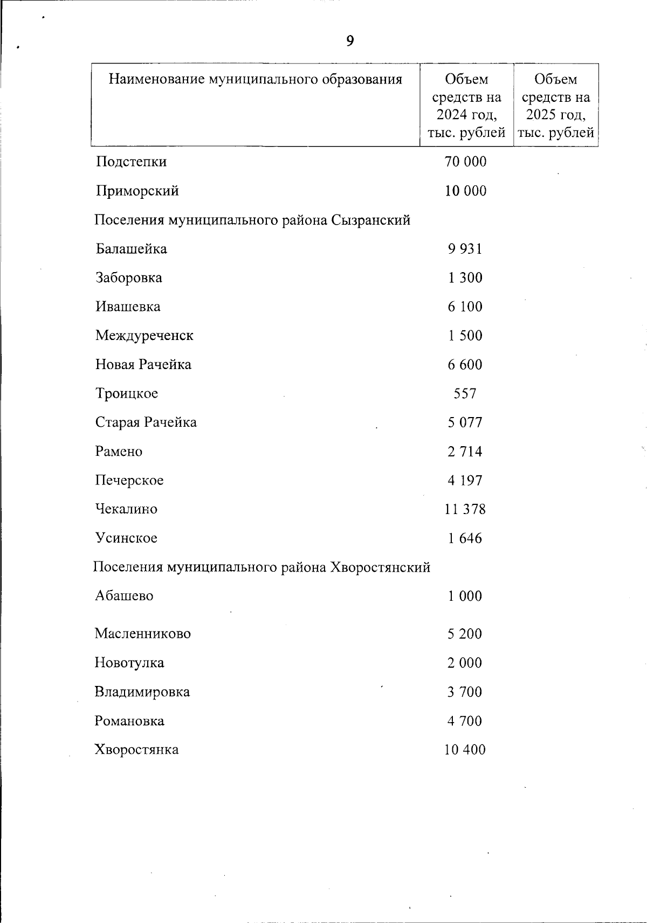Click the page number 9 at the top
click(x=350, y=41)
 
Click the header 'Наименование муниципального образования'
click(x=256, y=80)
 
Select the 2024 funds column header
click(x=466, y=106)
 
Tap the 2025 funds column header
click(x=556, y=106)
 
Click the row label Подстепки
click(x=131, y=162)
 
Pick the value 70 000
click(x=465, y=162)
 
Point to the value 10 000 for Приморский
click(x=465, y=191)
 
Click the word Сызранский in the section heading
click(x=370, y=220)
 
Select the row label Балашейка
click(x=131, y=249)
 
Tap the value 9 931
click(x=465, y=249)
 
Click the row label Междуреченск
click(x=144, y=336)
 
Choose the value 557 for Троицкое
click(x=465, y=394)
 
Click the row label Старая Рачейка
click(x=146, y=422)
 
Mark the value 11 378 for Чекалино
click(x=465, y=509)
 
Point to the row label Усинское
click(x=126, y=538)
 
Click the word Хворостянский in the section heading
click(x=380, y=567)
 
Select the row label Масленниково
click(x=142, y=634)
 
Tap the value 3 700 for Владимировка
click(x=465, y=692)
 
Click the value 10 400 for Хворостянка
click(x=465, y=749)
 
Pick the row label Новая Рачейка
click(x=143, y=365)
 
